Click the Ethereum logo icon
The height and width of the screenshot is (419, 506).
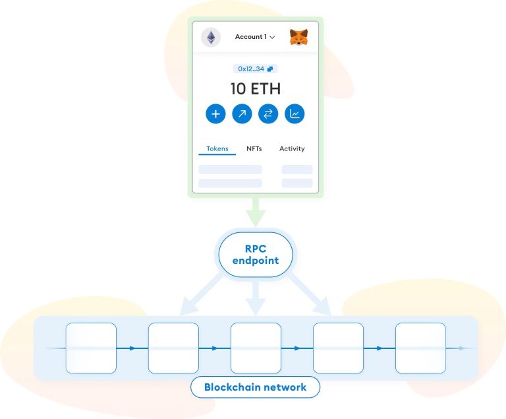click(x=211, y=37)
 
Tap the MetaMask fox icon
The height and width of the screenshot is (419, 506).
click(x=299, y=37)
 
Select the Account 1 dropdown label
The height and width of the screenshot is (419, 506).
click(x=254, y=37)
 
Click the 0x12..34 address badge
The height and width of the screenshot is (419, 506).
click(x=255, y=69)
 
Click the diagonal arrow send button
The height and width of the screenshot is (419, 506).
click(x=242, y=113)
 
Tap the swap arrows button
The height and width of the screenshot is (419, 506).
click(x=268, y=113)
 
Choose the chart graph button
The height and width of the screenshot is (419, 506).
click(x=295, y=113)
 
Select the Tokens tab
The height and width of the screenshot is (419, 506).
click(x=217, y=148)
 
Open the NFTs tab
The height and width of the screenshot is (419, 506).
click(x=254, y=148)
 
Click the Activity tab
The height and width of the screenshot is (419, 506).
click(x=292, y=148)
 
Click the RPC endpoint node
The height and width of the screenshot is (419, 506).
click(x=255, y=253)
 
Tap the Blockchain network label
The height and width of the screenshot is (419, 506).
click(x=255, y=387)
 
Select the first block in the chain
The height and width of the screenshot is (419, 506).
click(x=91, y=348)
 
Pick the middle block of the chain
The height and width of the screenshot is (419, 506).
click(x=255, y=348)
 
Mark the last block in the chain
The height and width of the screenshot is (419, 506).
click(x=420, y=348)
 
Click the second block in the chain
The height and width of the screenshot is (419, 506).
click(x=173, y=348)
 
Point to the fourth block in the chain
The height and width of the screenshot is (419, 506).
click(x=337, y=348)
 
